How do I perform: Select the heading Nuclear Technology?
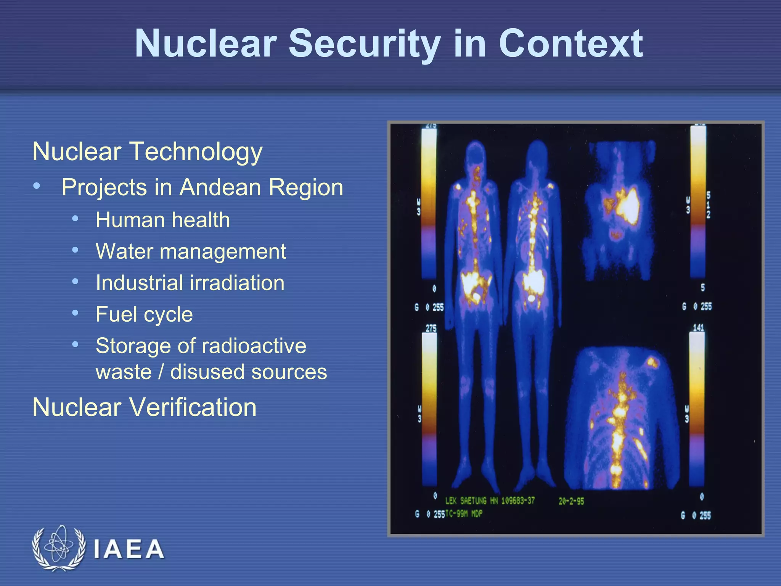147,151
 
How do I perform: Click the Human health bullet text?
163,220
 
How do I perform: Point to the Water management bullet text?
191,251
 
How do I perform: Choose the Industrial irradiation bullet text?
190,283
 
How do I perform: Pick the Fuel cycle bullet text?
144,314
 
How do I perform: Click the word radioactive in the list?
254,346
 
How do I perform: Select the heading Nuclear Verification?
145,407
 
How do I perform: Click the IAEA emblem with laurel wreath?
58,548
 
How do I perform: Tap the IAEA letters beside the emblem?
129,549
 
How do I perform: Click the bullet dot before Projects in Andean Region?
37,186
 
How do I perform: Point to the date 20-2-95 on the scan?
571,501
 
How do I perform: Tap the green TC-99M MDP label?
464,514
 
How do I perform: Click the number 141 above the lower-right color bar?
698,328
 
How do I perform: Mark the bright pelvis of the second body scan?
533,282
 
